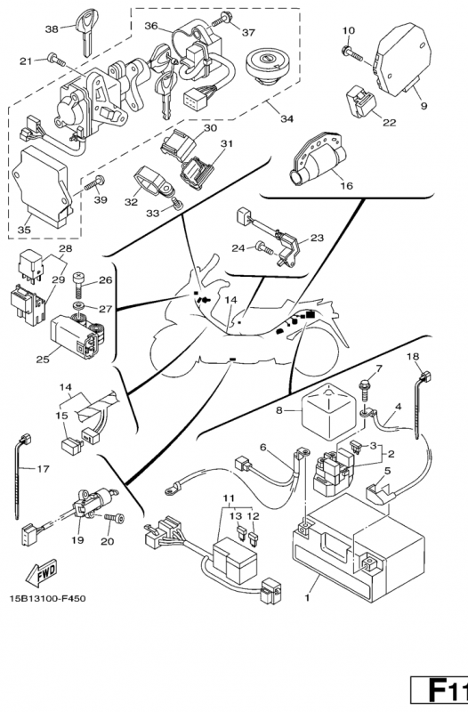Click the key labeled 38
[86, 32]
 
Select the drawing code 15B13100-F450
[47, 598]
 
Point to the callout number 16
[346, 185]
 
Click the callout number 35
[24, 230]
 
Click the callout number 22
[390, 122]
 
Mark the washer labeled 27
[80, 304]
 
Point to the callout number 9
[424, 106]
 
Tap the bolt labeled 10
[351, 52]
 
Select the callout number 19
[77, 540]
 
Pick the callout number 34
[286, 118]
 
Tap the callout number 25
[42, 360]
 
